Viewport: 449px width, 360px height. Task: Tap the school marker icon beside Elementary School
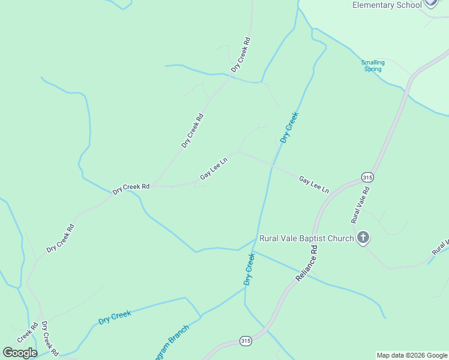tap(430, 2)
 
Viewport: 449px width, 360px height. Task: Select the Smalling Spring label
tap(373, 65)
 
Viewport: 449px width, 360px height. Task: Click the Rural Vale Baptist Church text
tap(306, 238)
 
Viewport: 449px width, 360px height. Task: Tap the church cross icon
tap(363, 238)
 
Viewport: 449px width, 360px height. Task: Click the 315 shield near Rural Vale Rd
tap(367, 177)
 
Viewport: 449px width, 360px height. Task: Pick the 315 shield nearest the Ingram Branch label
tap(245, 341)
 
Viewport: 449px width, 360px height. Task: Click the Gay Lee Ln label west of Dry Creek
tap(214, 170)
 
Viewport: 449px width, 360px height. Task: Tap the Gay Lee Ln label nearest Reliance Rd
tap(314, 184)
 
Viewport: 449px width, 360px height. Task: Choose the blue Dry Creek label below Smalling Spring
tap(289, 127)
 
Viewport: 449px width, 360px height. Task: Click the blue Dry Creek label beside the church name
tap(249, 269)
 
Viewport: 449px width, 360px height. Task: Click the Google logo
tap(20, 353)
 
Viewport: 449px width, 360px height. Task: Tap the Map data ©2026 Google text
tap(412, 355)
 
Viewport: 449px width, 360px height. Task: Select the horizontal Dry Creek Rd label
tap(131, 187)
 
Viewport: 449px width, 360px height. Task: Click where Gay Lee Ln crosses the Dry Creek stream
tap(272, 166)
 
